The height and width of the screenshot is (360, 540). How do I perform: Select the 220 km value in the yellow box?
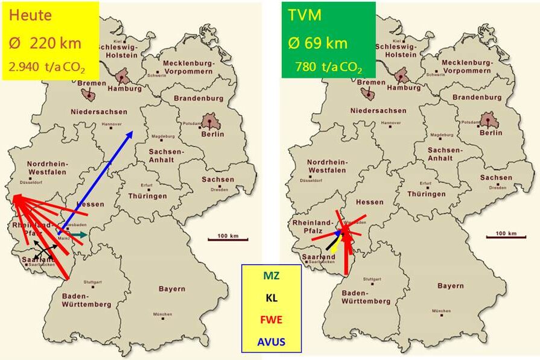(52, 43)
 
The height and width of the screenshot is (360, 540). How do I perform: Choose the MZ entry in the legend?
(271, 277)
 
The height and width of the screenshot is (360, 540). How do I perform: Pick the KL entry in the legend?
(271, 297)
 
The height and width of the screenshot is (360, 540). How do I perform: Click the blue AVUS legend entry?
(271, 342)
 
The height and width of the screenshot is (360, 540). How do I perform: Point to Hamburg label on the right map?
(404, 88)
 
